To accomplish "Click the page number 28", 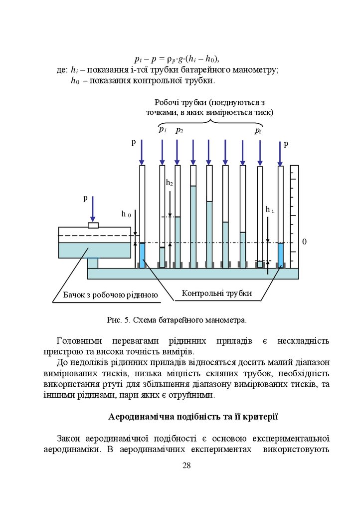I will pyautogui.click(x=186, y=466).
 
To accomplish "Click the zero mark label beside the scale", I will pyautogui.click(x=304, y=242).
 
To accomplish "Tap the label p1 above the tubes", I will pyautogui.click(x=162, y=130).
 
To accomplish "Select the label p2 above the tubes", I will pyautogui.click(x=179, y=131).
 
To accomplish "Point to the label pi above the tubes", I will pyautogui.click(x=258, y=131).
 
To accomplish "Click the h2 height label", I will pyautogui.click(x=170, y=183).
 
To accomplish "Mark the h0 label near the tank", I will pyautogui.click(x=126, y=214).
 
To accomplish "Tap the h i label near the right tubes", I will pyautogui.click(x=269, y=210).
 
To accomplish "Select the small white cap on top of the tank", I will pyautogui.click(x=93, y=225).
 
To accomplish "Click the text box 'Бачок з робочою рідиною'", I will pyautogui.click(x=110, y=295).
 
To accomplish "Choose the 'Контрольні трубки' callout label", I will pyautogui.click(x=216, y=293).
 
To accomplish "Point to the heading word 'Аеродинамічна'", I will pyautogui.click(x=139, y=417).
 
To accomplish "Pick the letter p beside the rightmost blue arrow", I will pyautogui.click(x=286, y=144).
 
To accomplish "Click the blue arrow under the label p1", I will pyautogui.click(x=162, y=152).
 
